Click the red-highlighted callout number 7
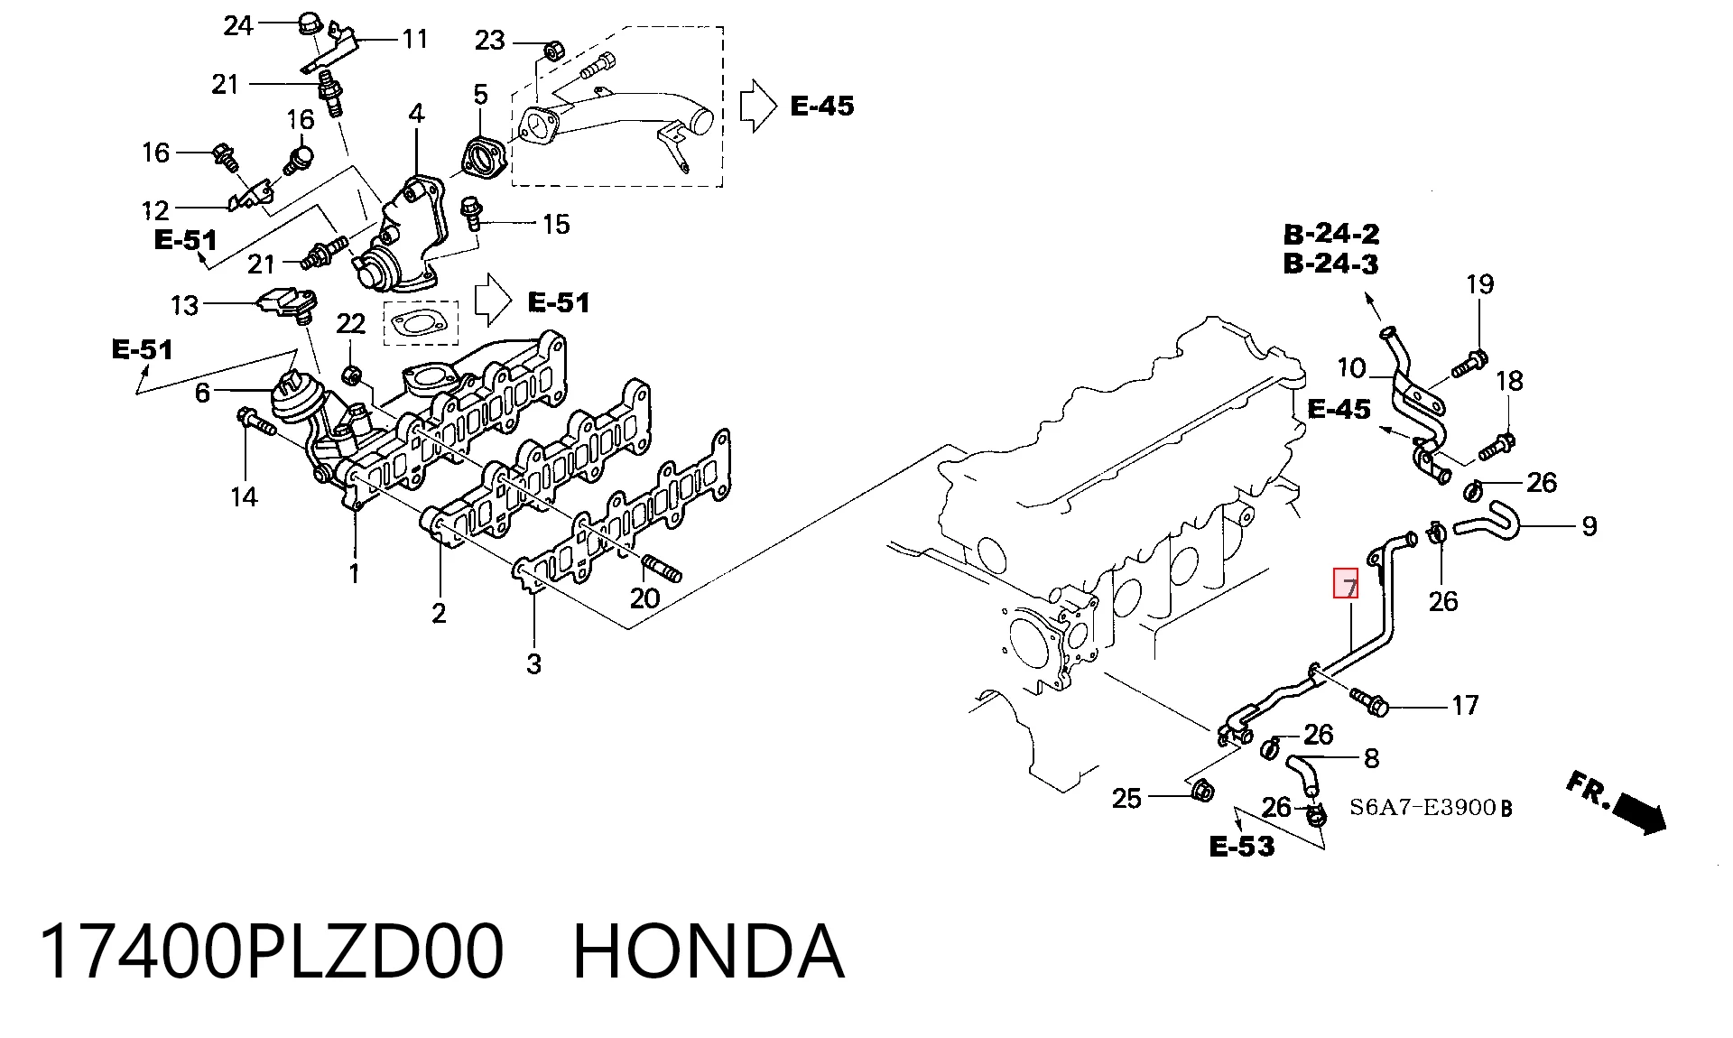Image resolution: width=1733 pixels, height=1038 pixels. pos(1346,583)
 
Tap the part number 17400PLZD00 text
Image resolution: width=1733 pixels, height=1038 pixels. pos(271,951)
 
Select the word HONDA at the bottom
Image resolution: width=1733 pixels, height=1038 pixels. pos(709,951)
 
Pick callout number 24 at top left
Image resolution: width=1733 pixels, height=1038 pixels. pos(238,25)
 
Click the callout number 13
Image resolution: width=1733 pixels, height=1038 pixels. pos(184,305)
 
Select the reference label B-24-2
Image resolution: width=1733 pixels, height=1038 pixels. pos(1331,234)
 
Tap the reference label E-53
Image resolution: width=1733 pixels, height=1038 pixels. pos(1242,846)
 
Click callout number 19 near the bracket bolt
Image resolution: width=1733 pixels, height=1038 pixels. pos(1479,284)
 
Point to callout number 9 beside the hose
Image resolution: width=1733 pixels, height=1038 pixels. pos(1589,526)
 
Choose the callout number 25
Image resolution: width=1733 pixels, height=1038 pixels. pos(1126,798)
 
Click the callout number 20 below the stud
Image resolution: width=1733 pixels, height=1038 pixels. pos(644,598)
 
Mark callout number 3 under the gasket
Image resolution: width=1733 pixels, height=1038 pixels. pos(534,664)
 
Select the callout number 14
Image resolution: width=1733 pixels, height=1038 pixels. pos(244,496)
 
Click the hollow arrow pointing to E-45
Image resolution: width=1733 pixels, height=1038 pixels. pos(758,107)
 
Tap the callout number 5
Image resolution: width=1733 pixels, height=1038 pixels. pos(480,94)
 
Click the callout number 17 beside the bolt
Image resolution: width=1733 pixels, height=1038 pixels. pos(1465,705)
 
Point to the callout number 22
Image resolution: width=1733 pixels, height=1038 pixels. pos(351,324)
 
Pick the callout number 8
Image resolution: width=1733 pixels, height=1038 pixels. pos(1371,758)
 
